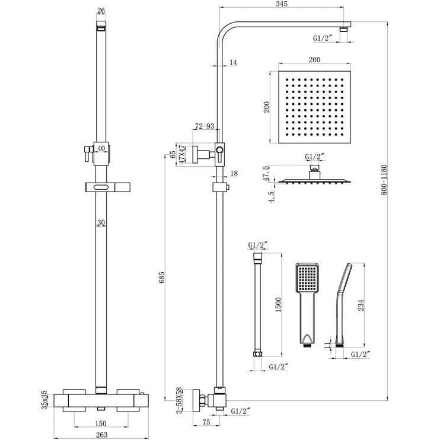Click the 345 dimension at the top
[282, 5]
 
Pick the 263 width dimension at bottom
[100, 434]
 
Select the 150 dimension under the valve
[100, 423]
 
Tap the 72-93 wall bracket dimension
[204, 126]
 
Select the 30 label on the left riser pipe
[100, 223]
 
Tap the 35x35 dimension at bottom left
[43, 401]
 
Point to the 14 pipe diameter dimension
[232, 62]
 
